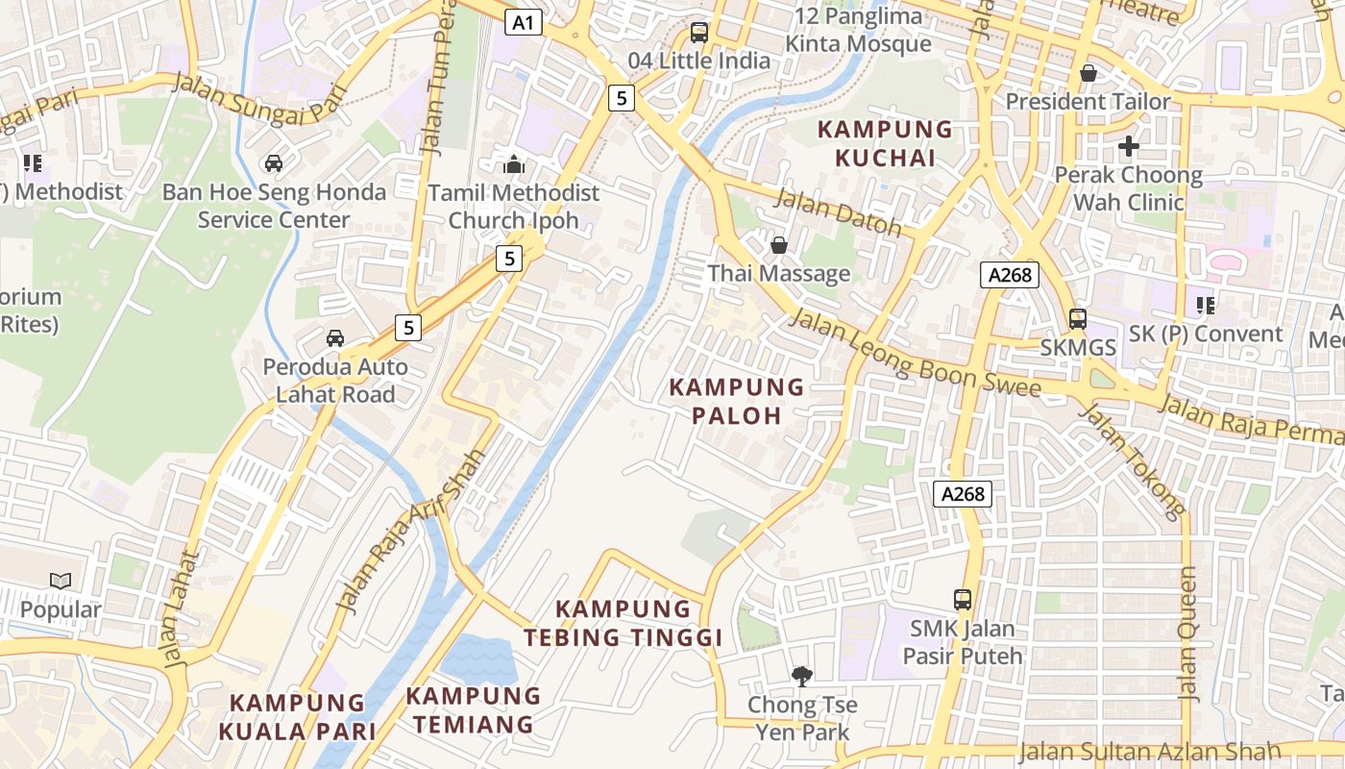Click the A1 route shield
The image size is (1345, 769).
pyautogui.click(x=524, y=22)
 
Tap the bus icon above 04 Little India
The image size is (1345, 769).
pyautogui.click(x=699, y=32)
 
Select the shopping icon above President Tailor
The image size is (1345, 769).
pyautogui.click(x=1088, y=73)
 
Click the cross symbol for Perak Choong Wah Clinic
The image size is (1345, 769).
pyautogui.click(x=1129, y=146)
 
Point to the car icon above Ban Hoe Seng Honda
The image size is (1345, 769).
pyautogui.click(x=274, y=163)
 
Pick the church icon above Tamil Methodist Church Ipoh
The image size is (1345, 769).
pyautogui.click(x=514, y=164)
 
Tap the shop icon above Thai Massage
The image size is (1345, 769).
pyautogui.click(x=779, y=245)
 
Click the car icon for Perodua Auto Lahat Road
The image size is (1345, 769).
pyautogui.click(x=335, y=338)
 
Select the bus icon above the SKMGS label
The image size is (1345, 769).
pyautogui.click(x=1078, y=318)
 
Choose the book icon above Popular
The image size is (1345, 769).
pyautogui.click(x=61, y=581)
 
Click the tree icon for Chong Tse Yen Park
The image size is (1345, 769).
pyautogui.click(x=801, y=677)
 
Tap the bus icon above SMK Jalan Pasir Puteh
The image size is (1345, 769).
pyautogui.click(x=963, y=600)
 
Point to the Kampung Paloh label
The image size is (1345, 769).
pyautogui.click(x=737, y=401)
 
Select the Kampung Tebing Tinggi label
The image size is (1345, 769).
pyautogui.click(x=624, y=623)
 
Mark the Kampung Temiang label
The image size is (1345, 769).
pyautogui.click(x=473, y=709)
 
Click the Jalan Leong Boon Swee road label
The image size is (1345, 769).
pyautogui.click(x=914, y=354)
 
